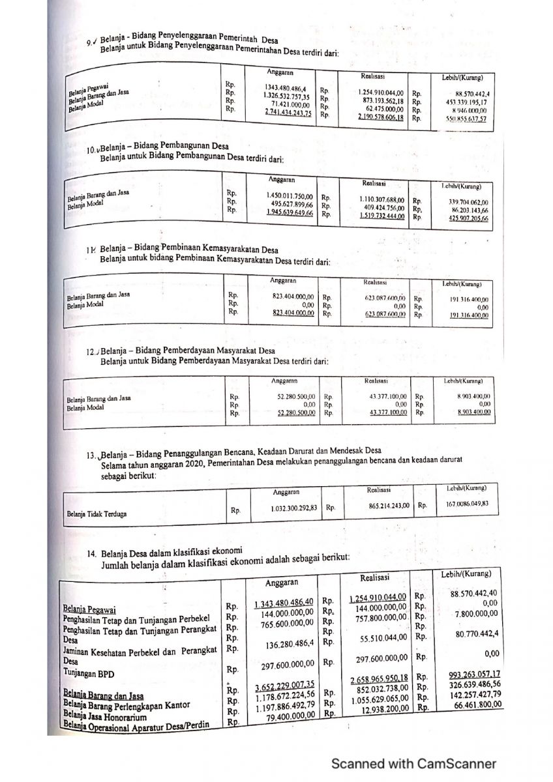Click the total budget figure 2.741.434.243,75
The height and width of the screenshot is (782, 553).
[288, 113]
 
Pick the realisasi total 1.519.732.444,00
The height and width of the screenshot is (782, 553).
[382, 215]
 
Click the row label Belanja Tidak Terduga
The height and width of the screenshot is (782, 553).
[97, 514]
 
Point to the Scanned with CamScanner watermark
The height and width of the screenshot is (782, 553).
[413, 764]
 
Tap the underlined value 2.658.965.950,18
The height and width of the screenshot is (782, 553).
[379, 678]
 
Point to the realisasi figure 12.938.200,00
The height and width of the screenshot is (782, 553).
[382, 710]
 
